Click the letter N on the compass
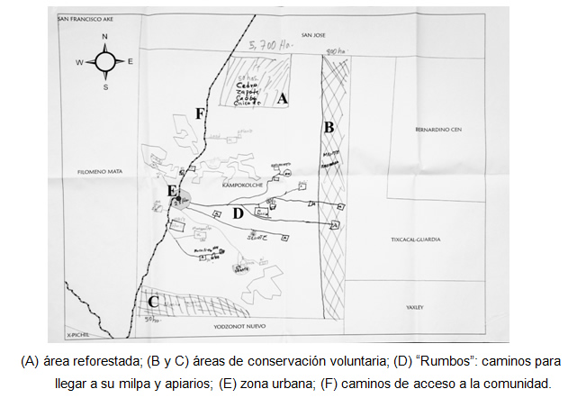coord(105,37)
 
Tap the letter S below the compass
coord(105,87)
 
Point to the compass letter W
coord(79,62)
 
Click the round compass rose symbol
coord(105,62)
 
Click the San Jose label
coord(312,35)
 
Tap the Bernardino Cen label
coord(438,130)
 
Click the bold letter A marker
coord(283,99)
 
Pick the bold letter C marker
coord(154,303)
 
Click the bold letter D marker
coord(238,213)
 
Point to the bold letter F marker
coord(200,113)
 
